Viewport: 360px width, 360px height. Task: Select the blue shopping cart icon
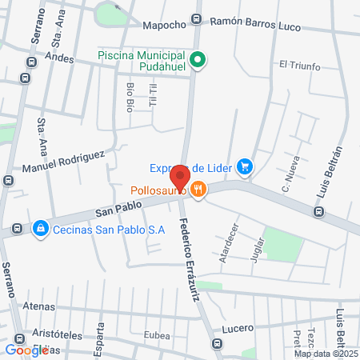tap(246, 167)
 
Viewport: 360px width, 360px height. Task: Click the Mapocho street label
tap(164, 26)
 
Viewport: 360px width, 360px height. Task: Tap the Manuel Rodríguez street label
tap(63, 161)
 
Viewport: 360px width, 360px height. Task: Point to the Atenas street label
tap(39, 306)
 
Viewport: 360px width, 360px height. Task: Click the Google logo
tap(27, 350)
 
